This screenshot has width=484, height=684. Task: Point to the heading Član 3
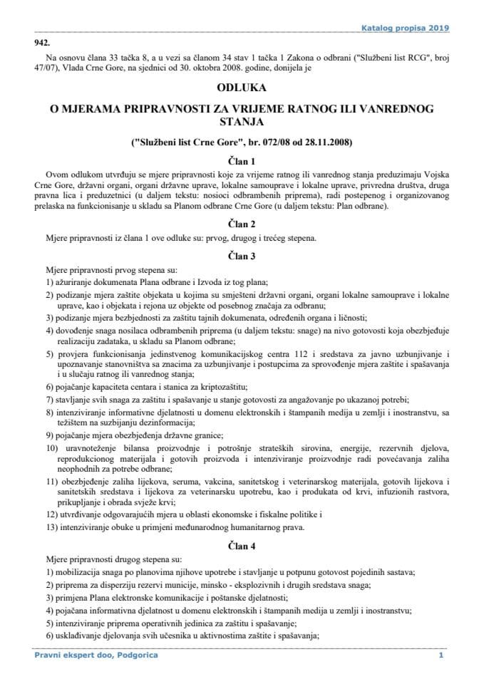241,254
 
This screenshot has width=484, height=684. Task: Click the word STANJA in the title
241,122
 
